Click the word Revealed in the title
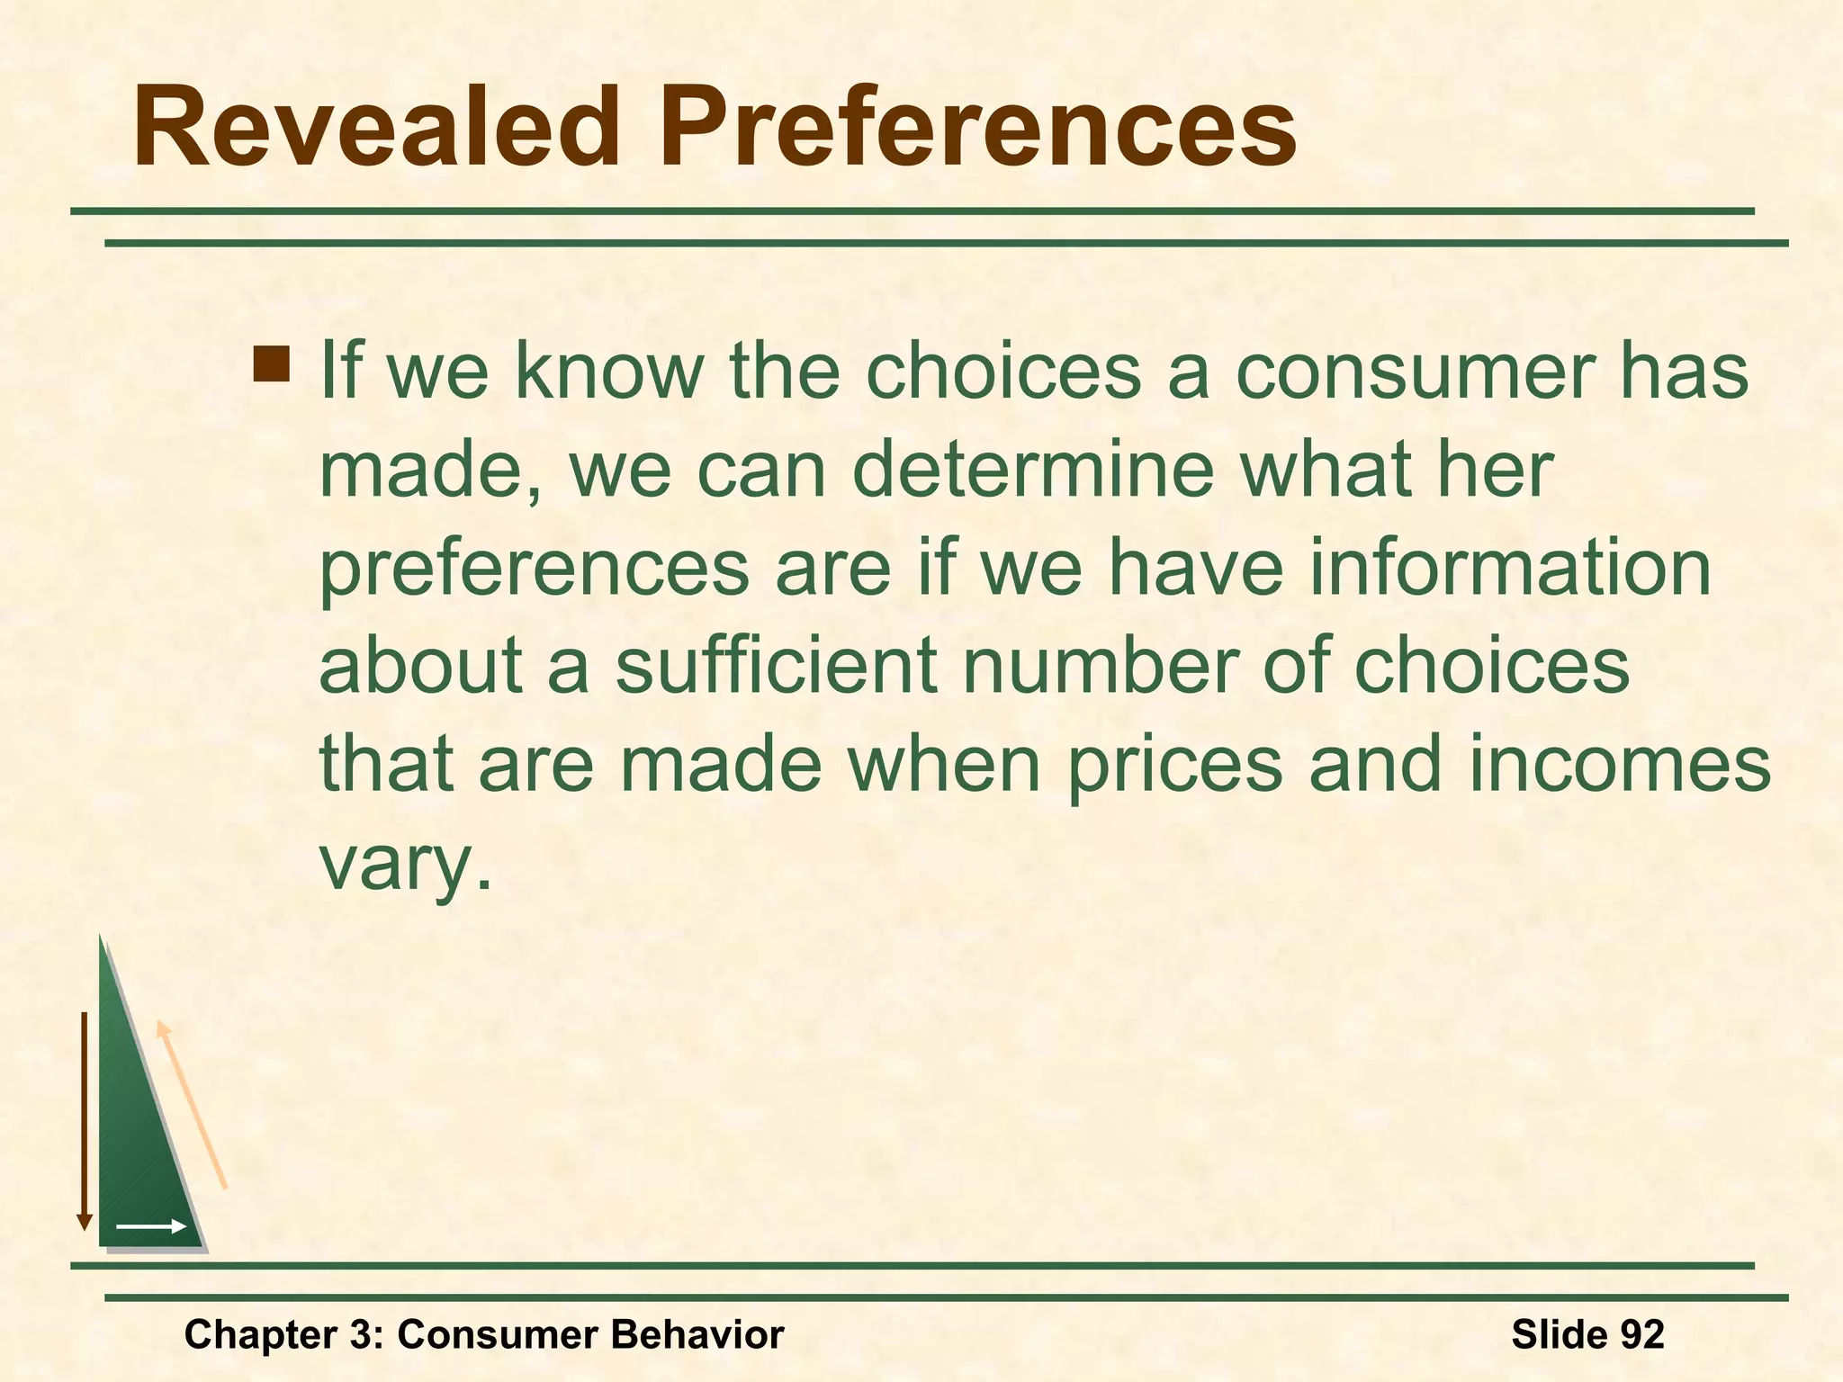coord(377,127)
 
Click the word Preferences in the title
coord(978,127)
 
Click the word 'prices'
coord(1174,765)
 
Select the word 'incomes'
coord(1619,765)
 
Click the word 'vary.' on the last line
coord(407,864)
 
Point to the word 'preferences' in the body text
coord(535,570)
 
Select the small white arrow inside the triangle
coord(150,1226)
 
